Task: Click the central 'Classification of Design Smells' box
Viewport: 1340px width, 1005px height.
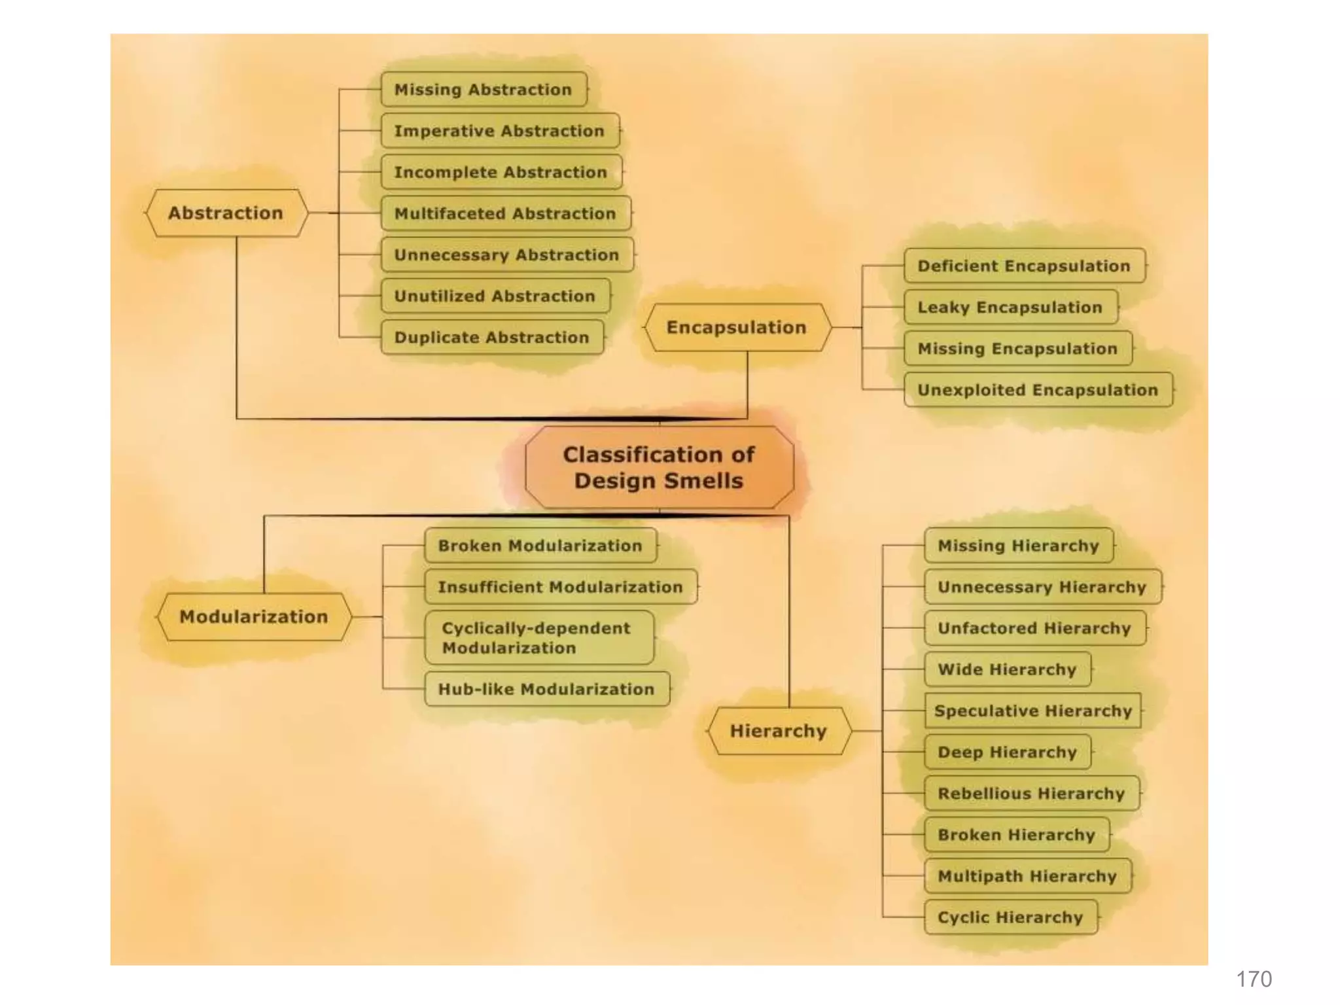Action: click(660, 467)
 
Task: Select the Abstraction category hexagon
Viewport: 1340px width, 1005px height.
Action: click(226, 213)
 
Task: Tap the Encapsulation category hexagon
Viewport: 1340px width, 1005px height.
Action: click(737, 327)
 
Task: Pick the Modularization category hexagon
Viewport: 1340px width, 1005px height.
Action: click(254, 616)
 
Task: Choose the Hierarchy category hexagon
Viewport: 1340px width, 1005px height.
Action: click(779, 731)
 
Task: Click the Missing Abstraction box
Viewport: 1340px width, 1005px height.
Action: click(484, 90)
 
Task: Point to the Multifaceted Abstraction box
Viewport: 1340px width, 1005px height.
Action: click(505, 213)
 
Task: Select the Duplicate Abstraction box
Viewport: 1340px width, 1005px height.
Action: click(492, 337)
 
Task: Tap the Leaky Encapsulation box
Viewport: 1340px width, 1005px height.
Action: click(1010, 307)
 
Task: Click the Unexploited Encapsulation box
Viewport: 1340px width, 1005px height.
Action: click(1038, 390)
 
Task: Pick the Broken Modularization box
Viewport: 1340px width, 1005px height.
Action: click(540, 546)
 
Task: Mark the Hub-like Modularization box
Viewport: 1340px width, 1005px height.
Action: click(546, 689)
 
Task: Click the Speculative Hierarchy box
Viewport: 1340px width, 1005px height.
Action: click(1033, 711)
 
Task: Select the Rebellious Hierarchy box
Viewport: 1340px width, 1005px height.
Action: click(1031, 794)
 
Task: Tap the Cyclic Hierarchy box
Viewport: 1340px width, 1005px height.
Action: click(1010, 917)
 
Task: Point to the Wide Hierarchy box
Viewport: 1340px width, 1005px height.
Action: click(1007, 669)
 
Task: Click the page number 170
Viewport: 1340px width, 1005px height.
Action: click(1254, 979)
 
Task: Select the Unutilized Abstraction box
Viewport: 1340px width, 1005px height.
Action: click(495, 296)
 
